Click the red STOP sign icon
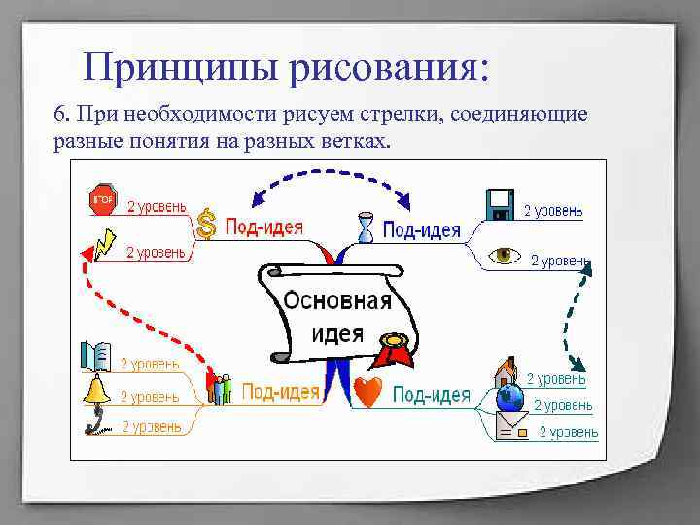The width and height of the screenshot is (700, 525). click(103, 199)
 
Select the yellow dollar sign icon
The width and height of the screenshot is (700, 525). click(205, 224)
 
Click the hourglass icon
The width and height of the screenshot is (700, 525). click(364, 226)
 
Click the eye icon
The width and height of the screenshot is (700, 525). click(504, 256)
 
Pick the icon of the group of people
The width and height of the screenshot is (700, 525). click(221, 388)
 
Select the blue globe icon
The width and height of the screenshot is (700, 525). click(509, 399)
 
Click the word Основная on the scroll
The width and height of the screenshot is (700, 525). click(337, 299)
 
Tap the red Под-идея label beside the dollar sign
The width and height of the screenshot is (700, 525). click(263, 226)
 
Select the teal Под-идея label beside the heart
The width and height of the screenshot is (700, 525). click(431, 394)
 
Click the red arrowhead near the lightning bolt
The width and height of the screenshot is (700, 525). click(87, 255)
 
